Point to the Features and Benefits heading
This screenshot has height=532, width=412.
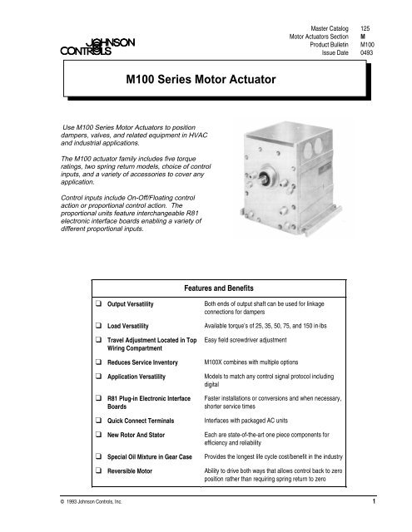[221, 284]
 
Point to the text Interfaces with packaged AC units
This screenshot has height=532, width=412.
[255, 421]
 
